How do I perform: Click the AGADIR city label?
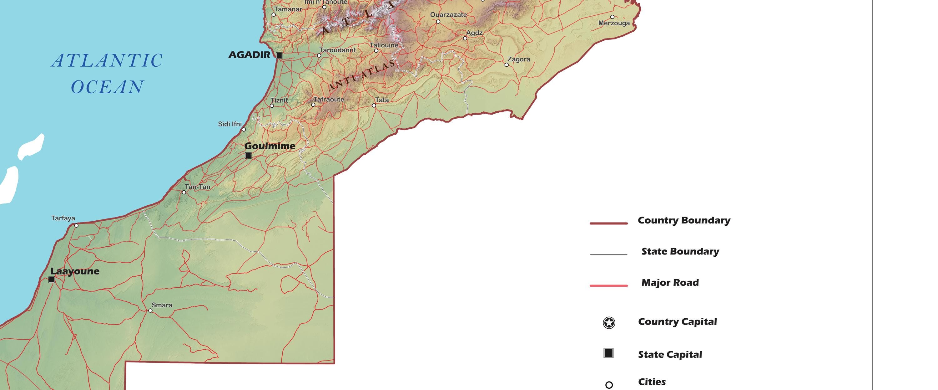[249, 55]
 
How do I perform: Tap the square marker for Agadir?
[279, 55]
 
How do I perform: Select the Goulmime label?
[270, 146]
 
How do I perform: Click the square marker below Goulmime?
[248, 156]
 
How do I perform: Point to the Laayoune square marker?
[52, 280]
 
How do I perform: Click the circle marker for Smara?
[150, 310]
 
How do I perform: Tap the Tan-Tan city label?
[197, 187]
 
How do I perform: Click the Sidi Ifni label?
[230, 124]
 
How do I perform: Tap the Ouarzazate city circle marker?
[438, 22]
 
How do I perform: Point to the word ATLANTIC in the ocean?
[107, 61]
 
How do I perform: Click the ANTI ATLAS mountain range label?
[361, 75]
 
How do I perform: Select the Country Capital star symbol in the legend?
[609, 323]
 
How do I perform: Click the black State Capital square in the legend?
[608, 353]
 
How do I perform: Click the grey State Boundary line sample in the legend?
[608, 254]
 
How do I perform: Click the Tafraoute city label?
[329, 100]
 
